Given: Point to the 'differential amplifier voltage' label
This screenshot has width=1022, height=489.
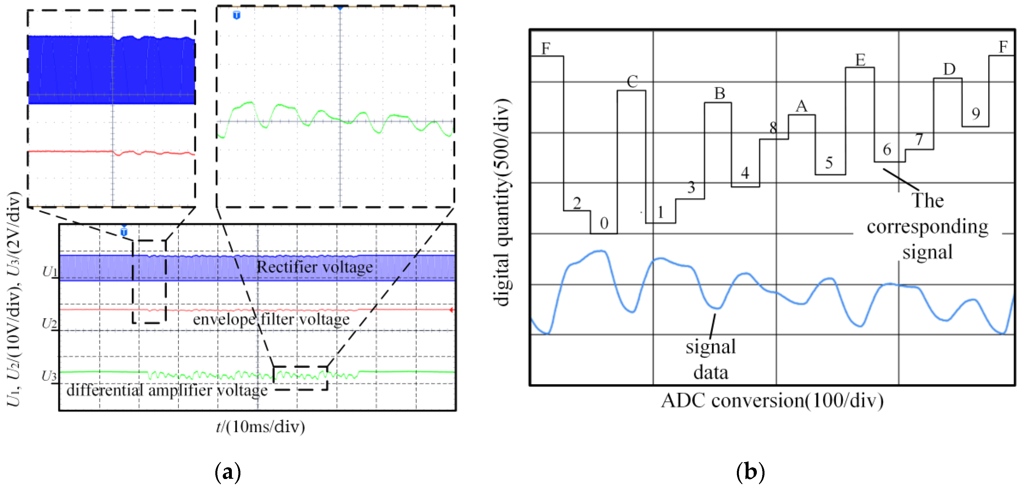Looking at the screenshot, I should pos(167,390).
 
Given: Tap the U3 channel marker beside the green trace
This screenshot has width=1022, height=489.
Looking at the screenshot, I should pos(50,376).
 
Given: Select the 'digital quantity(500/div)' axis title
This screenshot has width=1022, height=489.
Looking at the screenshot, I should pos(502,202).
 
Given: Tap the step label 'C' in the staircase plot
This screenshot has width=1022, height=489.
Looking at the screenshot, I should pos(632,82).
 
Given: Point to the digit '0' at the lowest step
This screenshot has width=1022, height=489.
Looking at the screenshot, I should pos(604,223).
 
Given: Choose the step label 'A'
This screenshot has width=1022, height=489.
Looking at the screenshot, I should pos(802,106).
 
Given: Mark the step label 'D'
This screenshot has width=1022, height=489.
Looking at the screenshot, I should pos(949,70).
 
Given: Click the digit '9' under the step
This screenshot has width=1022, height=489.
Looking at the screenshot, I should pos(976,114).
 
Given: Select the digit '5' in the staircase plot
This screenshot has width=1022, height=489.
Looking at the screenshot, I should pos(829,163).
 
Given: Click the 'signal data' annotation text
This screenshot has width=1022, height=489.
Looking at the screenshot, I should pos(711,359).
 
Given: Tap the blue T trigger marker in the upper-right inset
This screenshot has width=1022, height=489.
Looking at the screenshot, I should pos(236,15).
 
